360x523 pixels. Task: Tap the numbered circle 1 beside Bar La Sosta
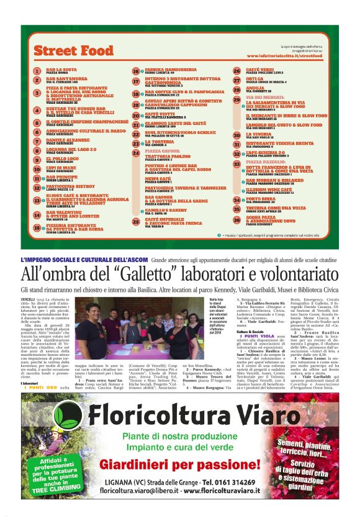tap(37, 71)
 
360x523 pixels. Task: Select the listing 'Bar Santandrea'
tap(62, 79)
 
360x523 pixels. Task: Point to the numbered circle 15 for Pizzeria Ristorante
tap(37, 228)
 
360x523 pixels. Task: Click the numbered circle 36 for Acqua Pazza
tap(236, 219)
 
